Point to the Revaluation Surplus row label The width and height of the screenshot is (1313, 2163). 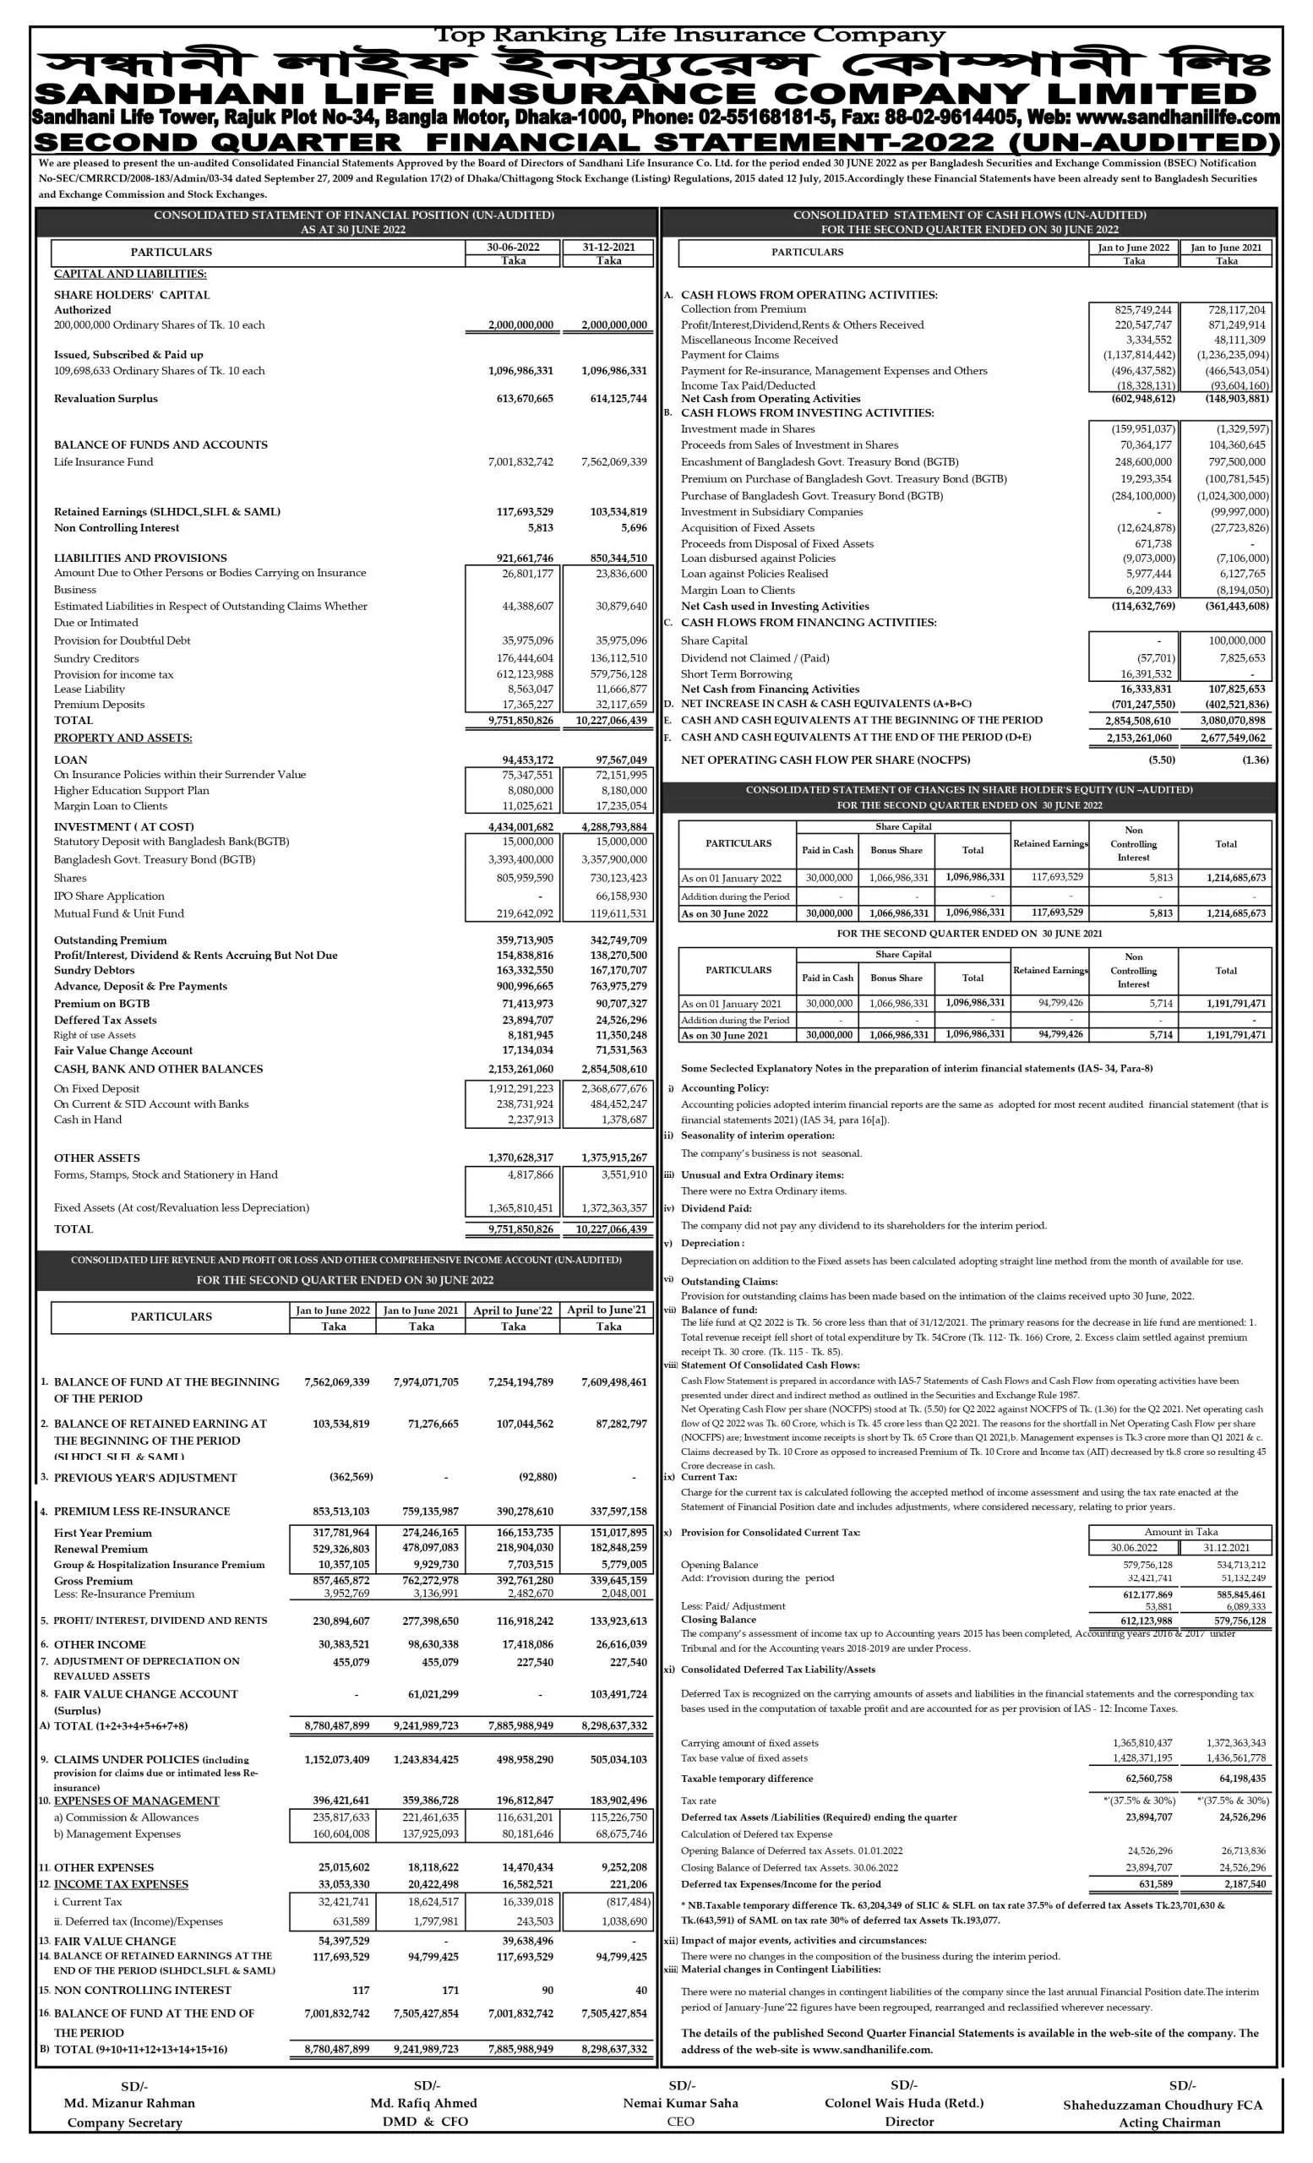[x=106, y=399]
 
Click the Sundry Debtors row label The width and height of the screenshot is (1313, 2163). [x=94, y=970]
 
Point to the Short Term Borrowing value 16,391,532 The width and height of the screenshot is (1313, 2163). [x=1141, y=674]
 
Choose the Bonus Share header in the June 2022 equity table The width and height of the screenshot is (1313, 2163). [x=896, y=850]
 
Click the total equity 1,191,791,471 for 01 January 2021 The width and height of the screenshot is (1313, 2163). [x=1226, y=1004]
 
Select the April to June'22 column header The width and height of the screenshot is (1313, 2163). [x=513, y=1310]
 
